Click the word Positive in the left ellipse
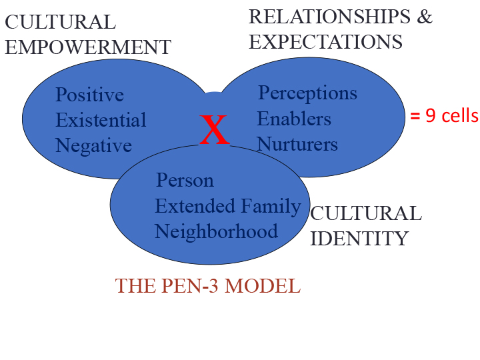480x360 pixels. coord(89,95)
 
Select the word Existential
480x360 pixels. coord(101,121)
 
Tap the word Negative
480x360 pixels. coord(93,145)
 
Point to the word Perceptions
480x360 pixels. coord(307,93)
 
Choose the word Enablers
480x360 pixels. coord(294,119)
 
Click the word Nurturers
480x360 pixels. coord(297,144)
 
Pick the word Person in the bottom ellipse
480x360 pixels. coord(185,181)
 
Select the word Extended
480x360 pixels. coord(191,207)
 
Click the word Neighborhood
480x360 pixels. coord(216,231)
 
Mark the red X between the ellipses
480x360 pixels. coord(215,130)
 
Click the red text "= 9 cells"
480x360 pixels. coord(444,115)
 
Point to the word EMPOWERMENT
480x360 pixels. coord(88,47)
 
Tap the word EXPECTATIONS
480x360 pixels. coord(325,42)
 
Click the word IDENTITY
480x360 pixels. coord(359,238)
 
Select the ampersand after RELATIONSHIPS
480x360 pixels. coord(425,17)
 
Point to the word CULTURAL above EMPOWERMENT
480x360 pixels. coord(60,22)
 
